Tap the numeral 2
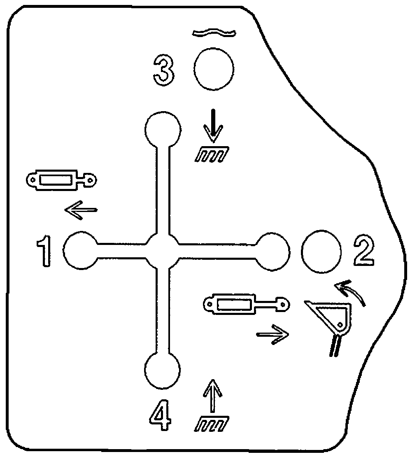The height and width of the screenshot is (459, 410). click(364, 251)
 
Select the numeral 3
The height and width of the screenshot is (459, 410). click(163, 71)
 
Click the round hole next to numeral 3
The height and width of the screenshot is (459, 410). click(214, 69)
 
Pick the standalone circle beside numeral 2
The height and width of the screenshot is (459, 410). click(321, 252)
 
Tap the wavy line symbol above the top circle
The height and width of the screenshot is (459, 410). click(214, 33)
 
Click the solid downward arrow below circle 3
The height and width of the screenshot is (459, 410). click(214, 125)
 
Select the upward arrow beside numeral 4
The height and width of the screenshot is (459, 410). click(213, 396)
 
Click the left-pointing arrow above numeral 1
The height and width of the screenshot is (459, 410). click(81, 210)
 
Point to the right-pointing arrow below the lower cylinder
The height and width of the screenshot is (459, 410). click(273, 334)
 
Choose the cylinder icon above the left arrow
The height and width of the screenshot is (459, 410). click(61, 180)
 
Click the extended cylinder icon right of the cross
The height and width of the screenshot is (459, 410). click(247, 305)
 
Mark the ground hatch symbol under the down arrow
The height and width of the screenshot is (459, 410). click(212, 154)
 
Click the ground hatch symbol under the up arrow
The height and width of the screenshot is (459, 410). click(212, 424)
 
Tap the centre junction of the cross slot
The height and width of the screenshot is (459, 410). click(163, 251)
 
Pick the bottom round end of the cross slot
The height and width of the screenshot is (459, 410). click(163, 370)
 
